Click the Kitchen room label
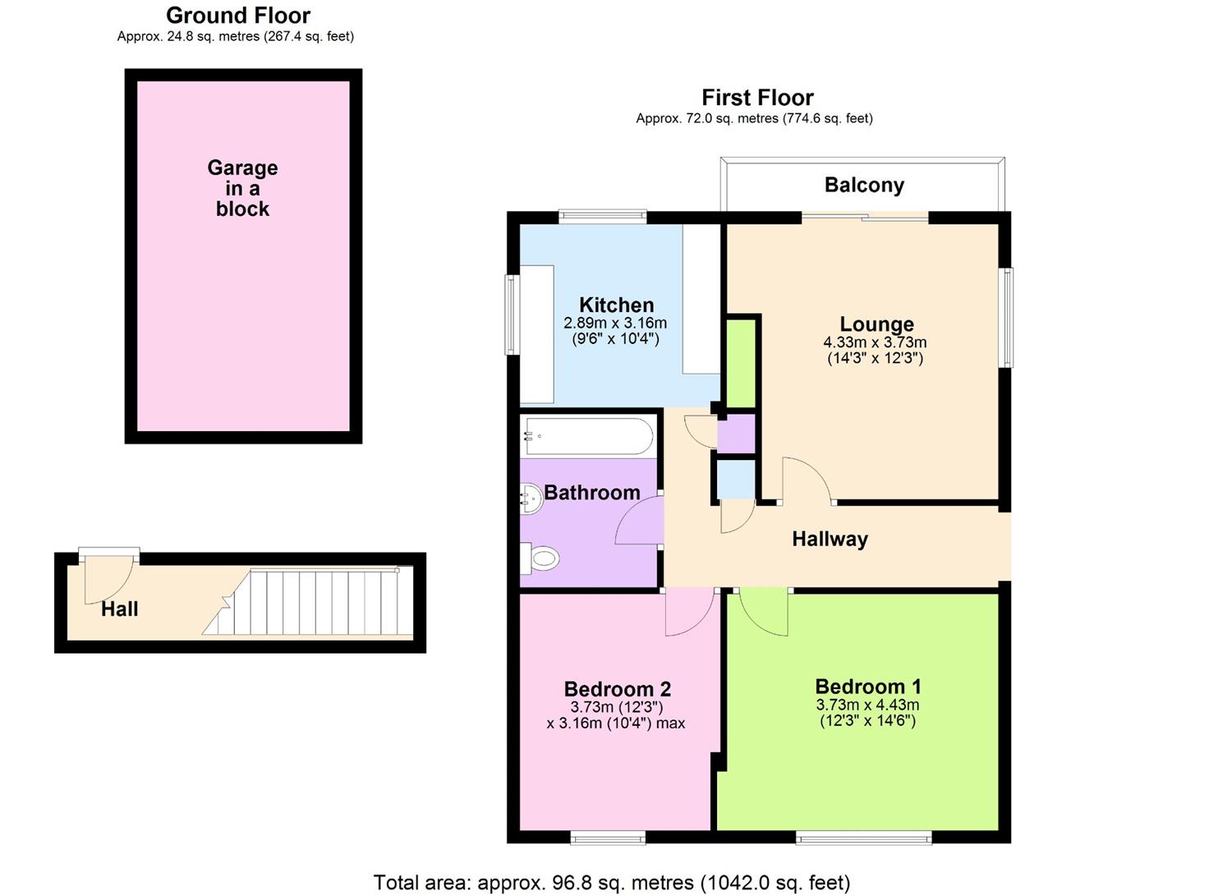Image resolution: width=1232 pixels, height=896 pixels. coord(616,305)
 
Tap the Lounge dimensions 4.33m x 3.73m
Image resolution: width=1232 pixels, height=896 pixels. coord(875,342)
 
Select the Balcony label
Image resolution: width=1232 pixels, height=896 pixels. coord(864,185)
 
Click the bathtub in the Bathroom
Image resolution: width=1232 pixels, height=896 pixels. coord(588,435)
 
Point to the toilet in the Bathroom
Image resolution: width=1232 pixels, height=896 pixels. coord(540,559)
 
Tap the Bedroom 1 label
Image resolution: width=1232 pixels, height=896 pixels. coord(867,686)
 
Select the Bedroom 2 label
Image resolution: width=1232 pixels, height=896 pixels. coord(617,688)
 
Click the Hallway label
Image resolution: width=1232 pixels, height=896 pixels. coord(830,539)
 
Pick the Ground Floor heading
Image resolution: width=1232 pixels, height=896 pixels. coord(238,15)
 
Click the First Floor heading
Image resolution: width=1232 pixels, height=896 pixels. coord(757,98)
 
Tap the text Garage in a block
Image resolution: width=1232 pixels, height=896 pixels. coord(242,188)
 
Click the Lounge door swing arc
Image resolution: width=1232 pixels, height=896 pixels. coord(805,480)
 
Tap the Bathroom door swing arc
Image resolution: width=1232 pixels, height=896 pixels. coord(639,522)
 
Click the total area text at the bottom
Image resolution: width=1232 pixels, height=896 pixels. coord(611,883)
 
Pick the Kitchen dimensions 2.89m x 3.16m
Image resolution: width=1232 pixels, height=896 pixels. coord(615,324)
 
